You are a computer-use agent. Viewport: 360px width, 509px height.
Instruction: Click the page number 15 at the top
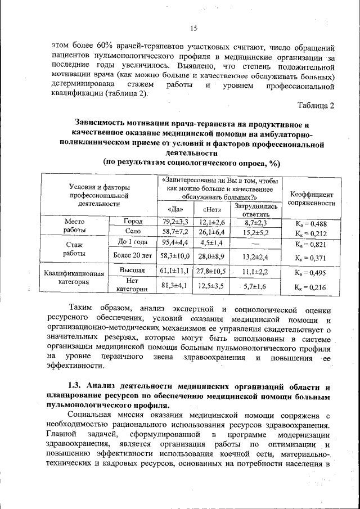[193, 29]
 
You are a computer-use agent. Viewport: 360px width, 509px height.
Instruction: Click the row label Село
[133, 231]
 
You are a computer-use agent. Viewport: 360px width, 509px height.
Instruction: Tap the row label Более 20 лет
[133, 256]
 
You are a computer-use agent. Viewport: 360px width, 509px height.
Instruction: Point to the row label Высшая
[133, 271]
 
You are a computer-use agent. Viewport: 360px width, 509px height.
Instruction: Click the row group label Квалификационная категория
[74, 278]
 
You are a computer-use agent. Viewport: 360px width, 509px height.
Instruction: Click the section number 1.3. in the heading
[76, 387]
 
